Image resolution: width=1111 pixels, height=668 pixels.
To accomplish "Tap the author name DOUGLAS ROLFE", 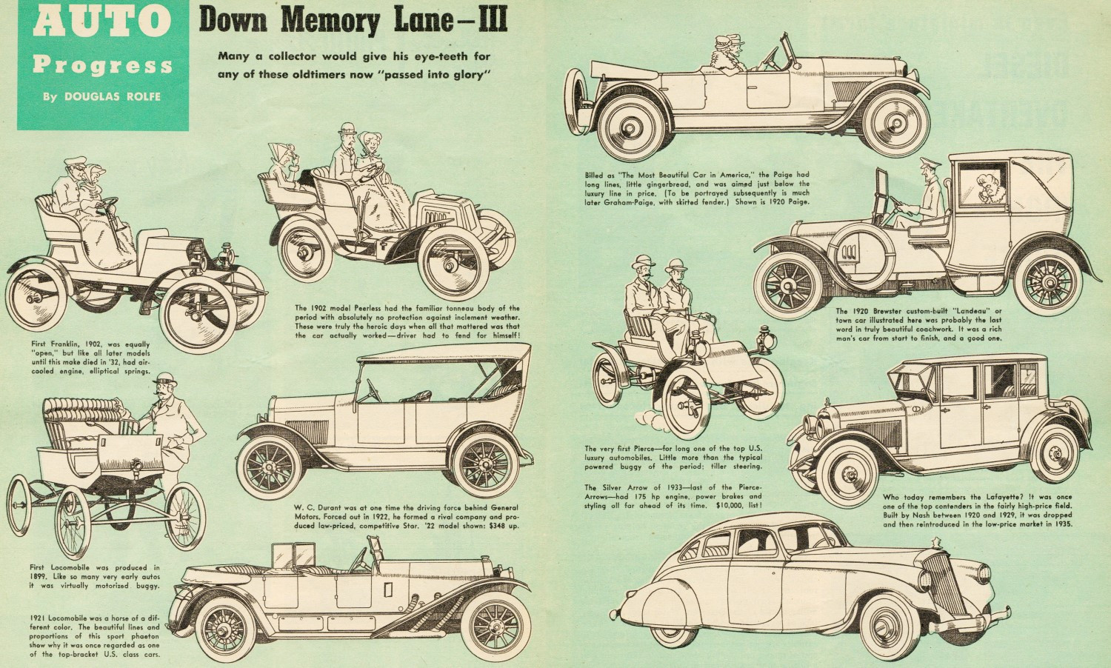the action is [113, 97].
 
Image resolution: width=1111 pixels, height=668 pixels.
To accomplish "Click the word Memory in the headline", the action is [330, 21].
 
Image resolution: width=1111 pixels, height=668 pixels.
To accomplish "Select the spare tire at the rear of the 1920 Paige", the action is [575, 101].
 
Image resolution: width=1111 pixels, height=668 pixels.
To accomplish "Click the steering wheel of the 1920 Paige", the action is [772, 59].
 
